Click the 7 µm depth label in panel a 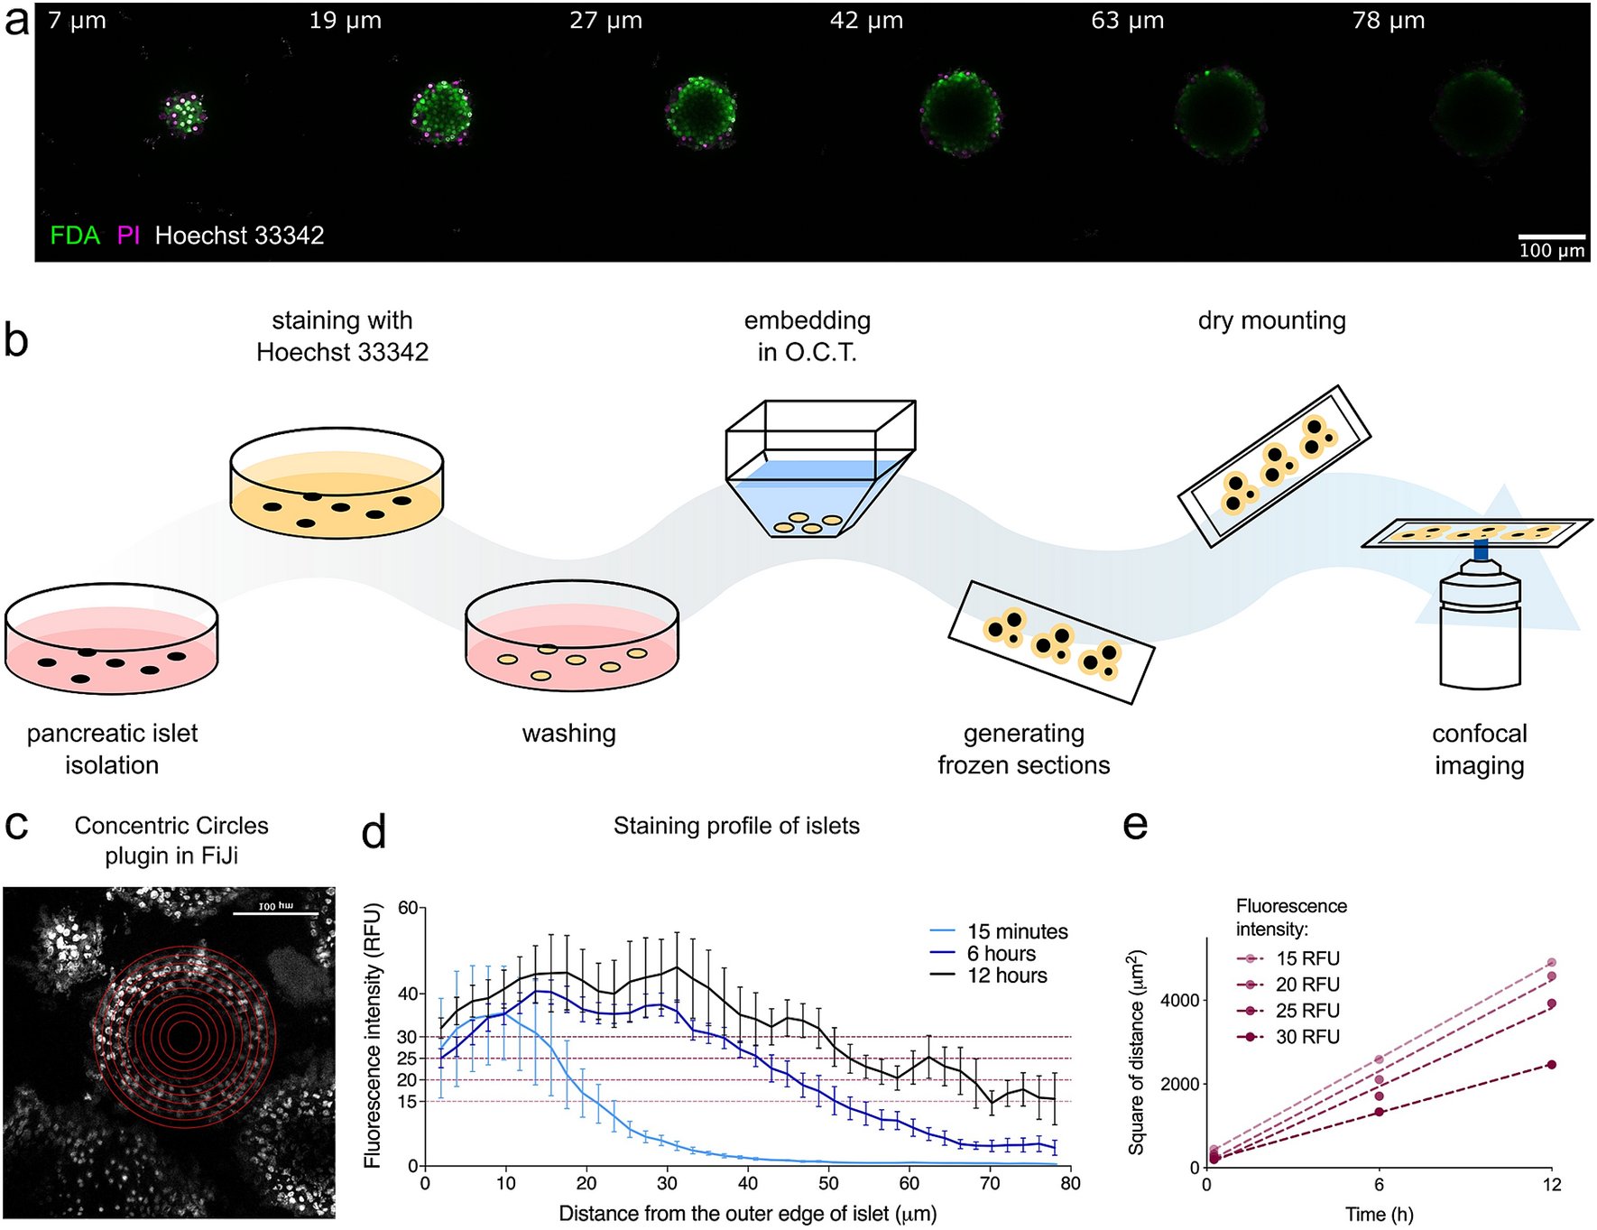coord(77,21)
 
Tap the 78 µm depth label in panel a coord(1388,21)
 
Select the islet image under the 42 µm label coord(961,113)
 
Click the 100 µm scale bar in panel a coord(1551,236)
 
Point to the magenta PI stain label coord(128,236)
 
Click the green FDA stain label coord(75,236)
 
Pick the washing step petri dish coord(571,641)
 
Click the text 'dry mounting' coord(1271,320)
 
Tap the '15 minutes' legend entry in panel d coord(1017,931)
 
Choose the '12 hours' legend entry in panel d coord(1007,976)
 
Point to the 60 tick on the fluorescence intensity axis coord(408,908)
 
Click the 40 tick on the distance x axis coord(747,1183)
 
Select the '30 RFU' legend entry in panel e coord(1307,1037)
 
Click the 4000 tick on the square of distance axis coord(1179,1000)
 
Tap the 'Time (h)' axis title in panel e coord(1379,1215)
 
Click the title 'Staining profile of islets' coord(736,826)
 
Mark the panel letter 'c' coord(17,826)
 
